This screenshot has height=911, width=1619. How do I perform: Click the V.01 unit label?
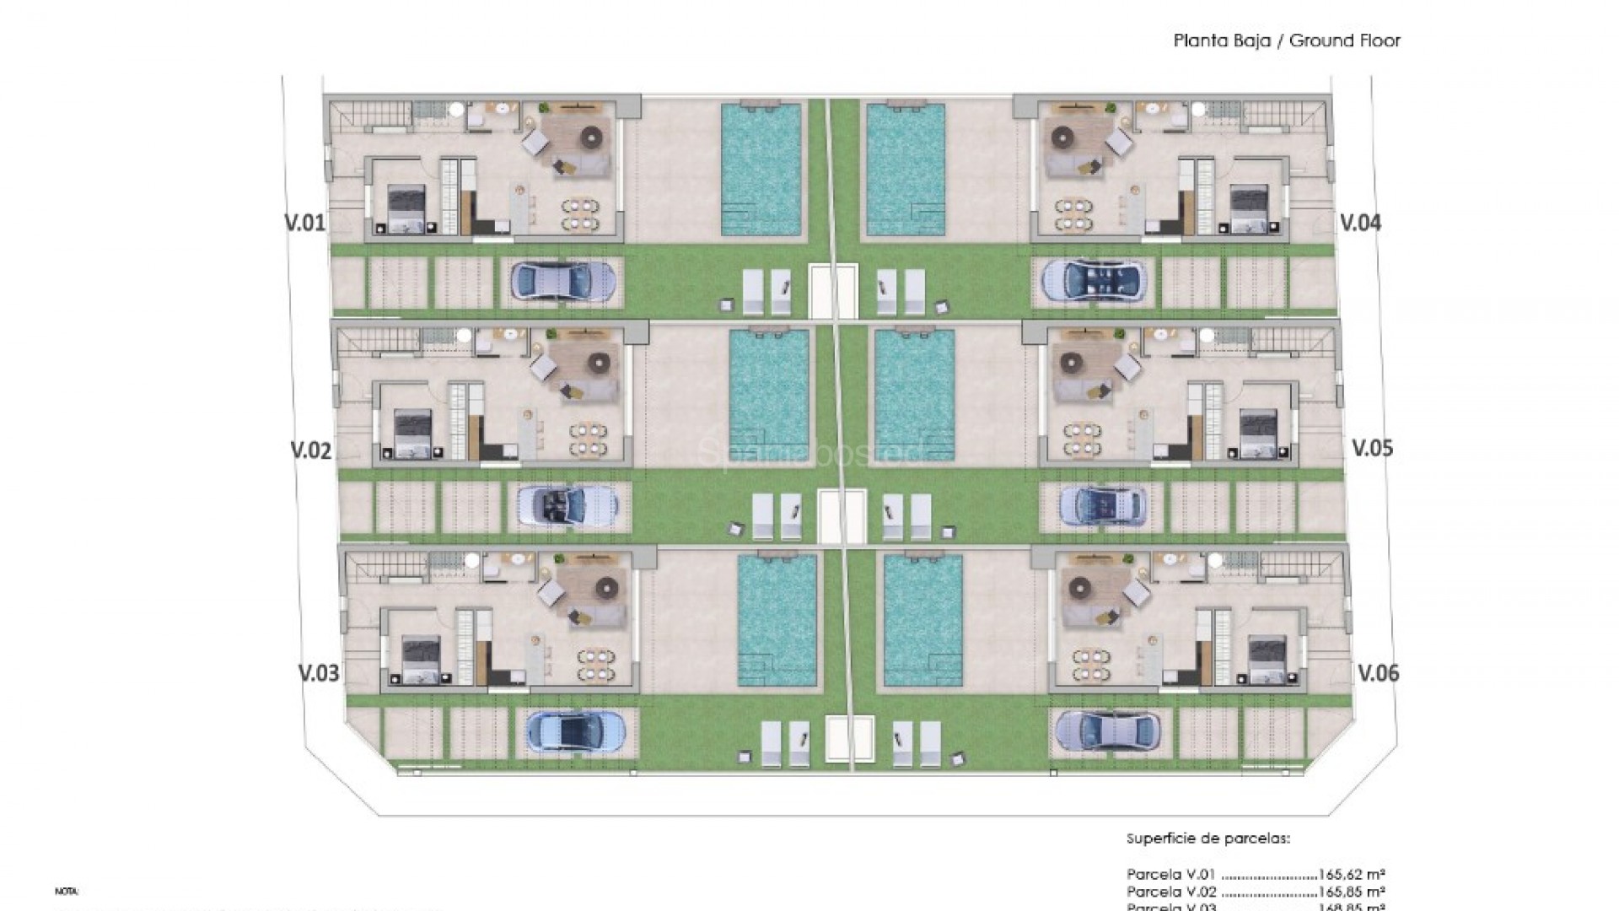[x=304, y=224]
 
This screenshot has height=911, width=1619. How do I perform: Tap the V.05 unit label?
[x=1372, y=448]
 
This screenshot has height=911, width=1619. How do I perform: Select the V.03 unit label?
[x=319, y=673]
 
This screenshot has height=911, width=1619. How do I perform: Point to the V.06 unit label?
[x=1378, y=673]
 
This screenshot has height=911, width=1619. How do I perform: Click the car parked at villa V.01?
[x=562, y=281]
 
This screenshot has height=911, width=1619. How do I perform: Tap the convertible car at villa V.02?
[x=567, y=505]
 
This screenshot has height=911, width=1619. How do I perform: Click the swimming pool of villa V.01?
[x=761, y=169]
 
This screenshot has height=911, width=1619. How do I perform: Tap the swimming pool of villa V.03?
[x=777, y=619]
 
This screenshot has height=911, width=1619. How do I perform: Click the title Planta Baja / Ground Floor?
[x=1287, y=40]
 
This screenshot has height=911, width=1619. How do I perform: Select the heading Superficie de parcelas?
[x=1208, y=839]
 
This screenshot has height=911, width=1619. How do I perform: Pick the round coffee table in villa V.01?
[x=594, y=132]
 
